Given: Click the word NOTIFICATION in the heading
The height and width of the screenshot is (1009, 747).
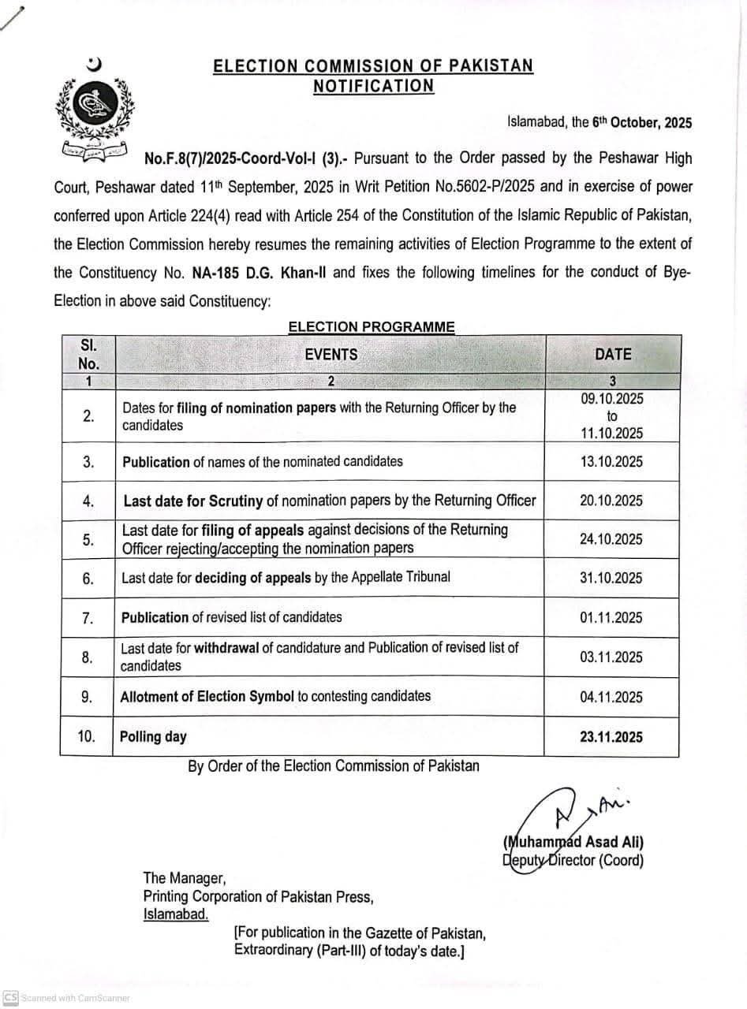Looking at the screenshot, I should tap(373, 86).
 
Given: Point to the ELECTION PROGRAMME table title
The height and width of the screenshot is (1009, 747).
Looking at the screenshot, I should tap(372, 326).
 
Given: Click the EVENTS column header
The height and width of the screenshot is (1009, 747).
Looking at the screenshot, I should tap(331, 355).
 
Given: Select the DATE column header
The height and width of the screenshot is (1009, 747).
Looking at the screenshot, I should tap(613, 355).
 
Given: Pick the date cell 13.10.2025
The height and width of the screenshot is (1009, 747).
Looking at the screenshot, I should tap(611, 462).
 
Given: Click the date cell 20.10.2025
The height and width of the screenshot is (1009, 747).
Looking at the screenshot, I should tap(611, 501).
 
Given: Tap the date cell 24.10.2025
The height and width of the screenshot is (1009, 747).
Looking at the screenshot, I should tap(611, 539).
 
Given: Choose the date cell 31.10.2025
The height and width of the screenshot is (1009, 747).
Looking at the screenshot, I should tap(611, 578).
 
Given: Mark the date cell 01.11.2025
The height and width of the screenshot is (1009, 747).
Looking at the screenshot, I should tap(611, 617).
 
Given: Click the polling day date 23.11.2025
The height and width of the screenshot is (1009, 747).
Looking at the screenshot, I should tap(611, 737).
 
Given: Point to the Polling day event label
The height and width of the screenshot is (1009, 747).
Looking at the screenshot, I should tap(153, 737).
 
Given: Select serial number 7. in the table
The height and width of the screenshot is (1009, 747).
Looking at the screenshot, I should tap(88, 617).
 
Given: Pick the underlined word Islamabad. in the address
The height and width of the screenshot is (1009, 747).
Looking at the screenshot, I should tap(176, 914).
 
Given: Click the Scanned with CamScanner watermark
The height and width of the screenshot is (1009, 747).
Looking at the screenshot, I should tap(66, 998).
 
